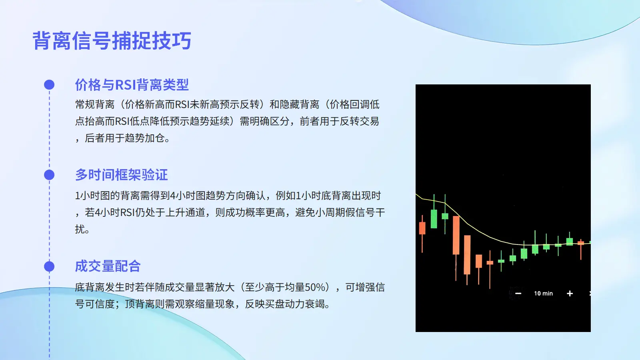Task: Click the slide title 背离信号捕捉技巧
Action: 112,40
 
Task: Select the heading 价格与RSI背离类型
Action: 132,85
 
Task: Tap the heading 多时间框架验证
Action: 122,175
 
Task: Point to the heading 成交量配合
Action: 108,266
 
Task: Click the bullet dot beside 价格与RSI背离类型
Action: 49,84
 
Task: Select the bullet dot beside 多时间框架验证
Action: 49,175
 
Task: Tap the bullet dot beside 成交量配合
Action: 49,266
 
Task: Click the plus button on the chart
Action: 570,294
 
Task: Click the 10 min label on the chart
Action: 544,294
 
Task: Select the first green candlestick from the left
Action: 434,218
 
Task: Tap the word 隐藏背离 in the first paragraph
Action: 300,104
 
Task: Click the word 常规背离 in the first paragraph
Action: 95,104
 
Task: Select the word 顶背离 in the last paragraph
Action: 140,304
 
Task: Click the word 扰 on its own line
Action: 80,229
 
